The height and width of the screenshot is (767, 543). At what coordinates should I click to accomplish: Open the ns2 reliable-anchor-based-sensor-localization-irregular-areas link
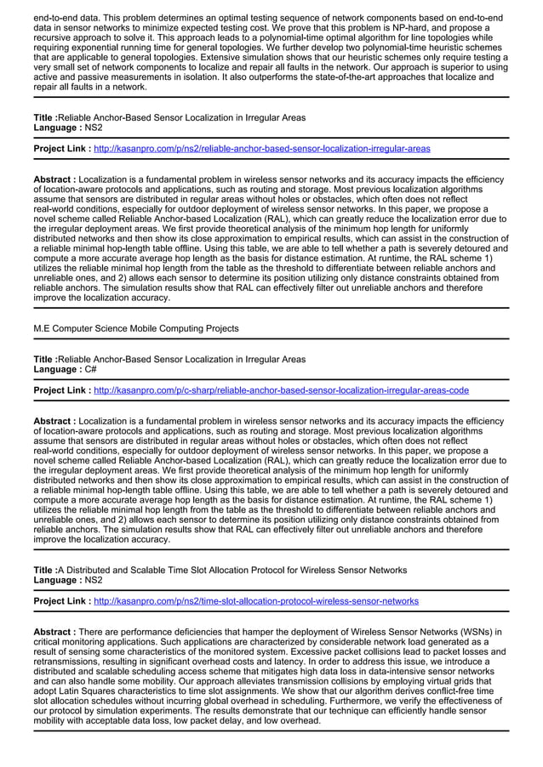261,148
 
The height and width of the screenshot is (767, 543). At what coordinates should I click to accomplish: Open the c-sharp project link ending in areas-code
281,390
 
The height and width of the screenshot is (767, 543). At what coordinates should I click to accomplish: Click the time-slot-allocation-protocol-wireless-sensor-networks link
255,600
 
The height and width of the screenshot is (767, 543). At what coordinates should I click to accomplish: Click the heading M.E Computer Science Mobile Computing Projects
136,328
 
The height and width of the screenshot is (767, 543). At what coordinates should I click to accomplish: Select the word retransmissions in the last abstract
69,662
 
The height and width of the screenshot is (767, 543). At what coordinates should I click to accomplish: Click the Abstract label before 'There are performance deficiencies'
54,632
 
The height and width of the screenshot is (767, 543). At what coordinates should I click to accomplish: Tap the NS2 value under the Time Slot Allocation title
94,581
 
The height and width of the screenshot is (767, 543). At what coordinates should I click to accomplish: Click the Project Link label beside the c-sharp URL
62,390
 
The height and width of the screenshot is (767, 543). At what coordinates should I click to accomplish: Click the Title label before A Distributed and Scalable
45,570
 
